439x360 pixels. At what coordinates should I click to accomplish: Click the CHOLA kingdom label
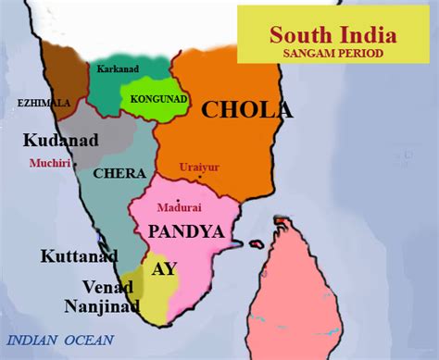click(x=246, y=111)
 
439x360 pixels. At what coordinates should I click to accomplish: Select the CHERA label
click(x=111, y=174)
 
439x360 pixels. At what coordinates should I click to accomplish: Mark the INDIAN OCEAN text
click(x=60, y=340)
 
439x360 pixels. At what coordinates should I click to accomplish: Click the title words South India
click(x=332, y=35)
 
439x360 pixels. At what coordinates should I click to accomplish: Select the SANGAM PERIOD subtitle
click(x=332, y=55)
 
